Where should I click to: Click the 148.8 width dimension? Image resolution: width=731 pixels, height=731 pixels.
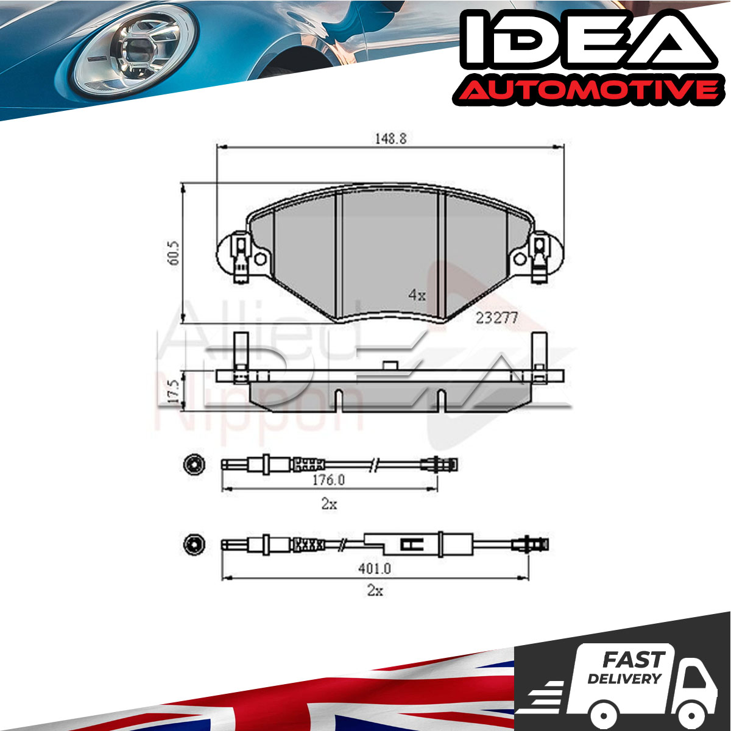click(x=390, y=139)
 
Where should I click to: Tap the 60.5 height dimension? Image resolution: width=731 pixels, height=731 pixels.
click(x=174, y=253)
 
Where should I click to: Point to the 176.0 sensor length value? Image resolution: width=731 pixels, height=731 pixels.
click(x=328, y=480)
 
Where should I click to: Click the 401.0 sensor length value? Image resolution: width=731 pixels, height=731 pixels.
click(x=375, y=568)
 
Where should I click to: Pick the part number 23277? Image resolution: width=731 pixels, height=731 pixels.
click(x=496, y=318)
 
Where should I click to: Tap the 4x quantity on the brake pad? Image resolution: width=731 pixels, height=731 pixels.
click(x=417, y=295)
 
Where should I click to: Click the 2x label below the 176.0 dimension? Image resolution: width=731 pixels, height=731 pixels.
click(x=329, y=504)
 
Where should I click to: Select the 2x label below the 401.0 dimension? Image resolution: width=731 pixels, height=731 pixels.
click(x=375, y=591)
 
